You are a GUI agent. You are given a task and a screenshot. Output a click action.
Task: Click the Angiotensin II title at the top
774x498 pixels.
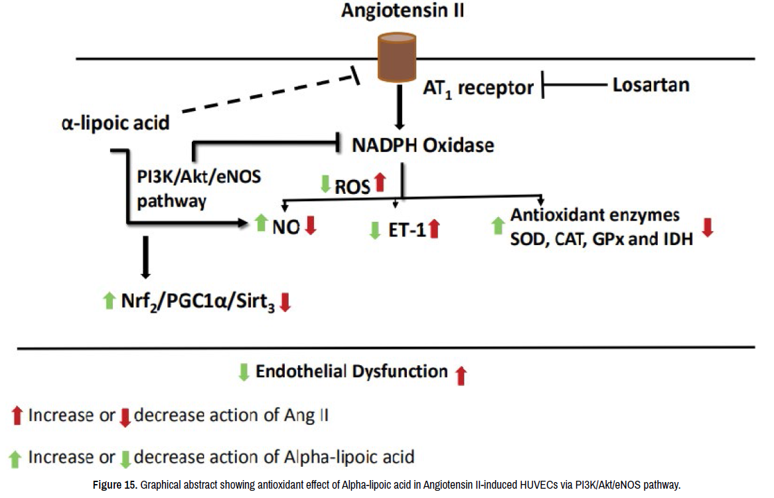(x=402, y=11)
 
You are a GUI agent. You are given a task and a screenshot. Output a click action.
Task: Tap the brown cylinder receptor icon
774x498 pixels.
(x=397, y=57)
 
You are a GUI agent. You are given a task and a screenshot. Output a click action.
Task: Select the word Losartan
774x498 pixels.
(x=651, y=85)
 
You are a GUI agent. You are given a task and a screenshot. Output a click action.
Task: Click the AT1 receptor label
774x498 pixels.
(x=479, y=88)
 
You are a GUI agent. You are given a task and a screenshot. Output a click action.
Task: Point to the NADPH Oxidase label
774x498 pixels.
(x=423, y=145)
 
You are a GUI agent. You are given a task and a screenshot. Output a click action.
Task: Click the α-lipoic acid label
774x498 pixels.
(x=116, y=123)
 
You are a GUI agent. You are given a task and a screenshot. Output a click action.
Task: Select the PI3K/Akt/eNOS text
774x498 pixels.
(x=199, y=176)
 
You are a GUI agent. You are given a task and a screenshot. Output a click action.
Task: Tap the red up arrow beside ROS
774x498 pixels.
(x=380, y=182)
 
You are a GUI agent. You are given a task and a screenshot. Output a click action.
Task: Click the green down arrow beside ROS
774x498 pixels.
(x=325, y=184)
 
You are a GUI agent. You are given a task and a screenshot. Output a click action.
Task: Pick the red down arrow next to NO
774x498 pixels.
(x=311, y=225)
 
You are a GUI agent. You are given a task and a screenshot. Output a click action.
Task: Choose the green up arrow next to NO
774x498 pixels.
(x=261, y=223)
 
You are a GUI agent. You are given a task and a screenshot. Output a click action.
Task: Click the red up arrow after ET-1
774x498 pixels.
(x=434, y=229)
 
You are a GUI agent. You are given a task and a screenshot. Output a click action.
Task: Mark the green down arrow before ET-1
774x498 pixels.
(x=375, y=230)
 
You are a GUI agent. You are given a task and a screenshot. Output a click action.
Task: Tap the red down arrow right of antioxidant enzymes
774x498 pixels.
(x=708, y=227)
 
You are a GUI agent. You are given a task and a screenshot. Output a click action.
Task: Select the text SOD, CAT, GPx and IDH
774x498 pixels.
(x=601, y=240)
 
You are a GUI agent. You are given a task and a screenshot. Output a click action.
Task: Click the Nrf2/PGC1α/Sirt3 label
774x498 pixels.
(x=198, y=301)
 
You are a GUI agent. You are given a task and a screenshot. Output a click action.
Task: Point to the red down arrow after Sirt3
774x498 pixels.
(x=285, y=302)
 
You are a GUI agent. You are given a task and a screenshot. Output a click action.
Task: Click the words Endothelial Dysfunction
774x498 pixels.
(x=351, y=371)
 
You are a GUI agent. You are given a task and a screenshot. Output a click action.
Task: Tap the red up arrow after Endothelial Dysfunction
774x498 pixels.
(x=461, y=376)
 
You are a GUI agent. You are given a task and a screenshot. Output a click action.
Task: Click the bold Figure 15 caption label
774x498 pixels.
(x=115, y=485)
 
